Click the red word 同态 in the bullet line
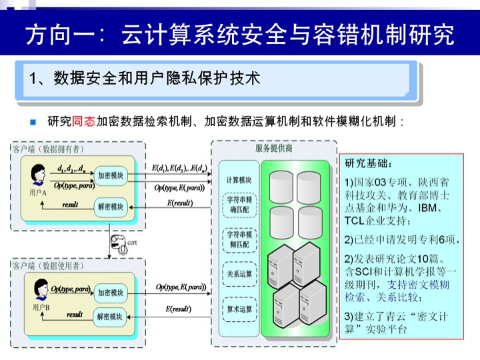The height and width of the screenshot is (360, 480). click(83, 122)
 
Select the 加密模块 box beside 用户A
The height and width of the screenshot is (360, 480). click(110, 175)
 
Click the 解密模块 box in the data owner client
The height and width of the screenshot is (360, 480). click(110, 207)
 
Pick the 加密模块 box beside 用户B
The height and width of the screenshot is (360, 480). click(110, 293)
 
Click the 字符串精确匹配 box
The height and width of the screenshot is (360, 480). click(239, 203)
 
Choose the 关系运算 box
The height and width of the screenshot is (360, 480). click(239, 273)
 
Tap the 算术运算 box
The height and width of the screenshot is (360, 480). click(239, 309)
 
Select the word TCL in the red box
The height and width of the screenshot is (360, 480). click(357, 221)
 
